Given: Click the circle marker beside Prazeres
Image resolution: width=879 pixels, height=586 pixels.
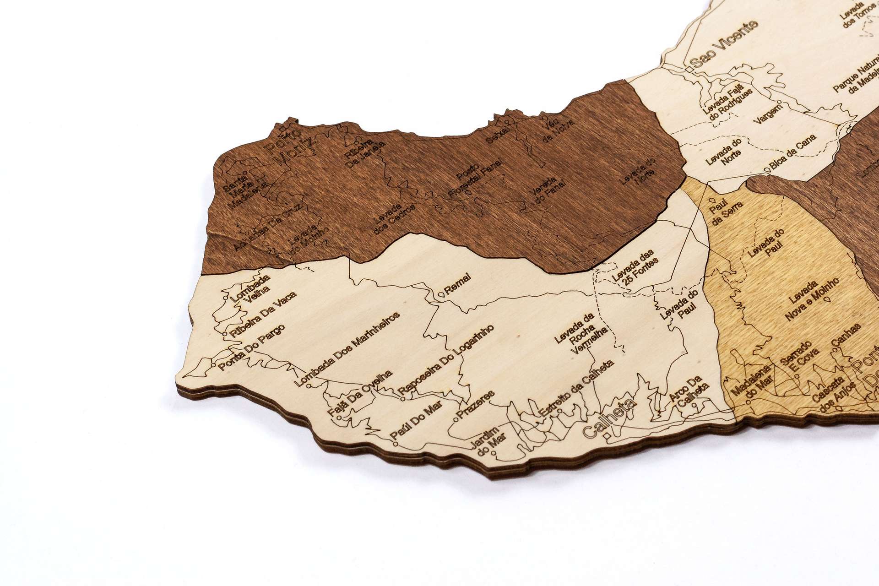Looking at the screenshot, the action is pyautogui.click(x=456, y=418).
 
